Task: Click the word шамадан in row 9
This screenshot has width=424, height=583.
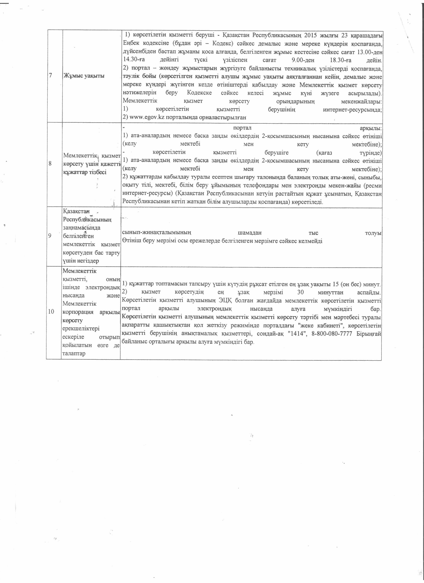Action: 249,233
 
